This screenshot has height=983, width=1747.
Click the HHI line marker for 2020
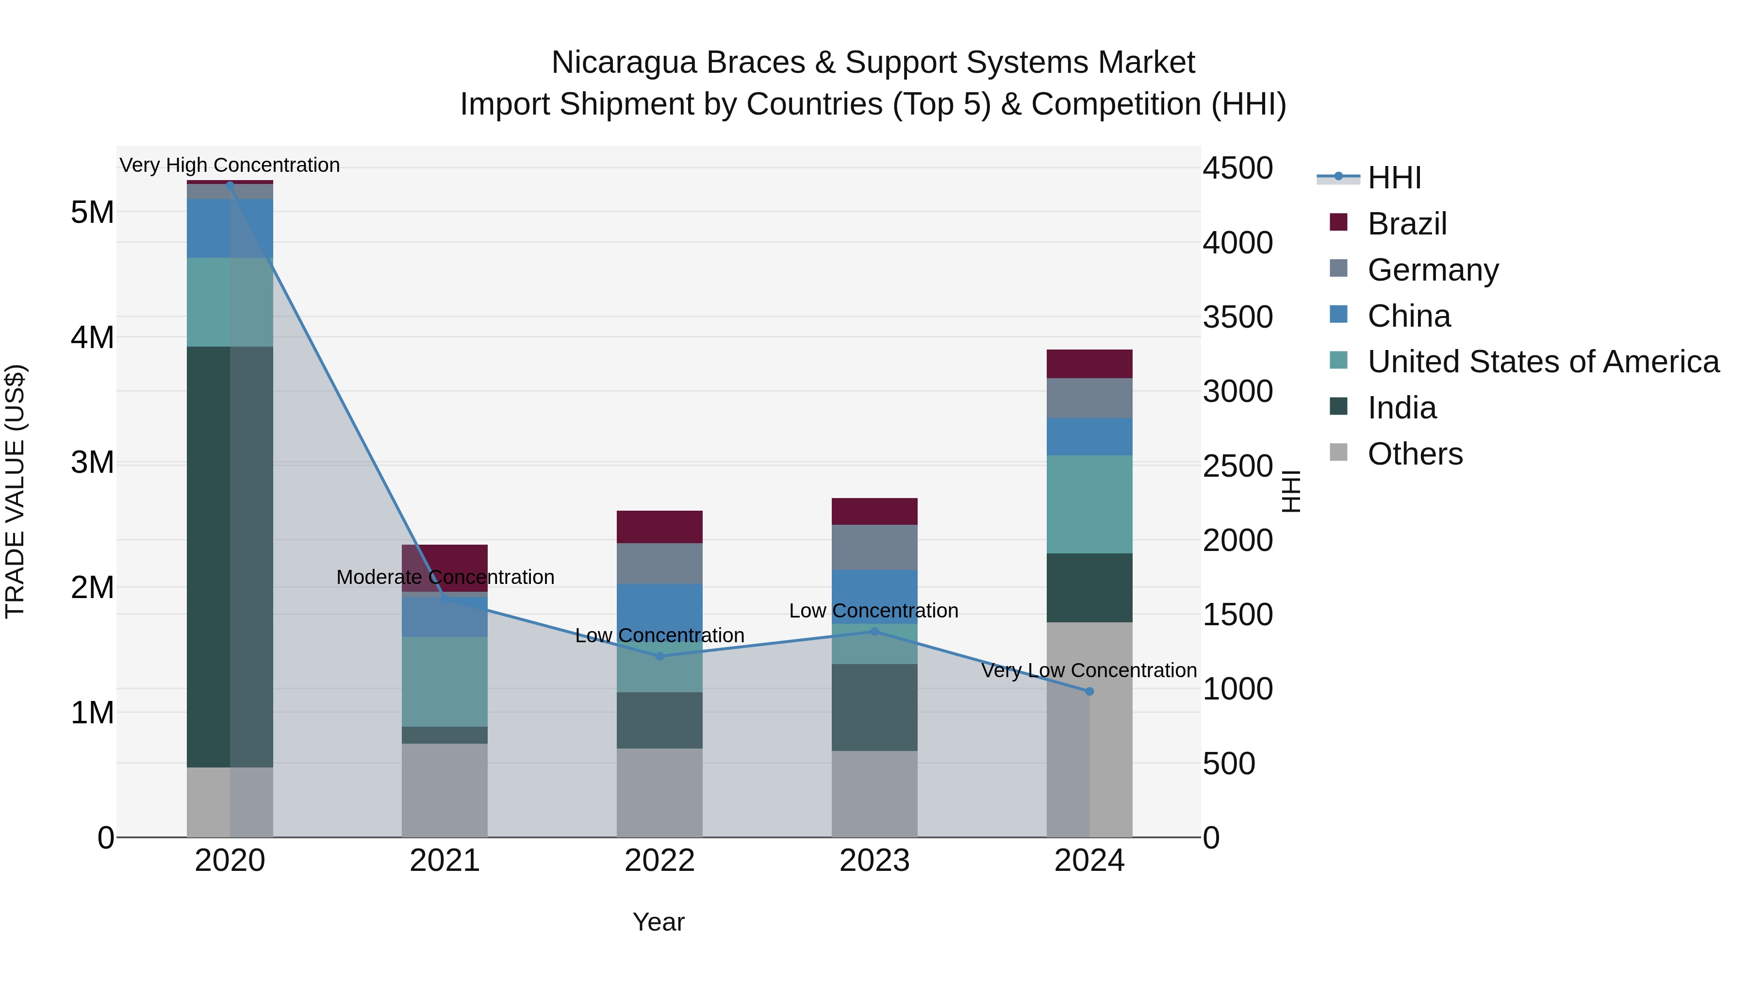230,184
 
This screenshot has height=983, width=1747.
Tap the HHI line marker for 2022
660,656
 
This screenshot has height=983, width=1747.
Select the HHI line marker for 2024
1089,691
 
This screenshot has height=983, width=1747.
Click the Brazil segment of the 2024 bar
1089,364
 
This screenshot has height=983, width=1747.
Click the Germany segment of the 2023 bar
874,547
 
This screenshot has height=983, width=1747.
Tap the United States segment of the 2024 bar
1089,504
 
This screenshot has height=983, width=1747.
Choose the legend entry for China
1409,316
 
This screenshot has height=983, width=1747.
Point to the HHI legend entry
1394,178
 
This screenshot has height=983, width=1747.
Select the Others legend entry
1415,454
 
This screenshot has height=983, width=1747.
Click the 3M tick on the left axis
92,463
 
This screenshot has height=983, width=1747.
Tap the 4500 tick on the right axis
1237,168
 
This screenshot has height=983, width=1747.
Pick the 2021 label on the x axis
445,861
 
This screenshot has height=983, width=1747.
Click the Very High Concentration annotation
230,165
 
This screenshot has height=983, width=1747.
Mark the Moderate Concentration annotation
445,577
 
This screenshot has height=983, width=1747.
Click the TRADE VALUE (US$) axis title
16,491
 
